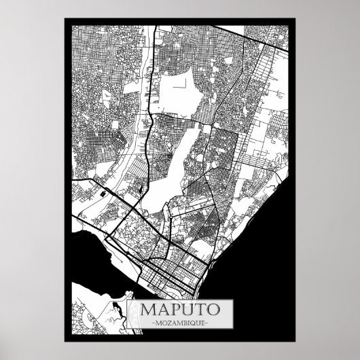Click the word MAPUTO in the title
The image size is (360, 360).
pyautogui.click(x=181, y=306)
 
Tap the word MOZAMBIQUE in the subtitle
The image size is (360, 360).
pyautogui.click(x=181, y=321)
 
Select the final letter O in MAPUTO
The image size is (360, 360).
pyautogui.click(x=213, y=306)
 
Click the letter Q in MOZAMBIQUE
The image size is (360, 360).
pyautogui.click(x=198, y=321)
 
